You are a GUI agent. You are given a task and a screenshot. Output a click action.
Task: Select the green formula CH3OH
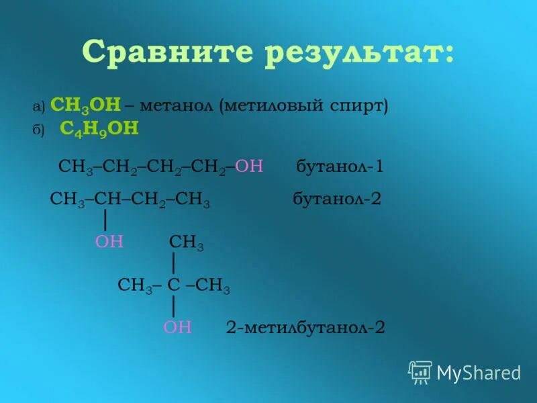(x=85, y=105)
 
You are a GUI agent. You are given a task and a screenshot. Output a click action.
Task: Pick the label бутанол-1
(x=340, y=167)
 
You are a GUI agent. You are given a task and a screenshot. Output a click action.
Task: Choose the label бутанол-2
(x=337, y=199)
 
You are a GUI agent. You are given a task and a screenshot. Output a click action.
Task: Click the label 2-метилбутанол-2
(x=305, y=327)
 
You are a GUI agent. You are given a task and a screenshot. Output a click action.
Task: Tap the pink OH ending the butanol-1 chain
(x=249, y=167)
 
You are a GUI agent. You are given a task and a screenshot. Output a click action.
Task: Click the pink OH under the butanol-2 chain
(x=109, y=242)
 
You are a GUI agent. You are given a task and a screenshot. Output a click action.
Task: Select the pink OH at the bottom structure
(x=177, y=327)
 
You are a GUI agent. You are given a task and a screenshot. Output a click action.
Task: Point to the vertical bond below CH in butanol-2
(x=105, y=220)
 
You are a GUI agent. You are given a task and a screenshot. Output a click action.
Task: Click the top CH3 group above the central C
(x=187, y=243)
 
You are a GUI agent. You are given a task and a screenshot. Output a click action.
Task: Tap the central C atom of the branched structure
(x=173, y=286)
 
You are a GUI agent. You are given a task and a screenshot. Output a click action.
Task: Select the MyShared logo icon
(x=420, y=371)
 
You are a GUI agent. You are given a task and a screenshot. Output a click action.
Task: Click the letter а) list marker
(x=38, y=107)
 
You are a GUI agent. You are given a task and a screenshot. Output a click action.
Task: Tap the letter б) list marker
(x=38, y=130)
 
